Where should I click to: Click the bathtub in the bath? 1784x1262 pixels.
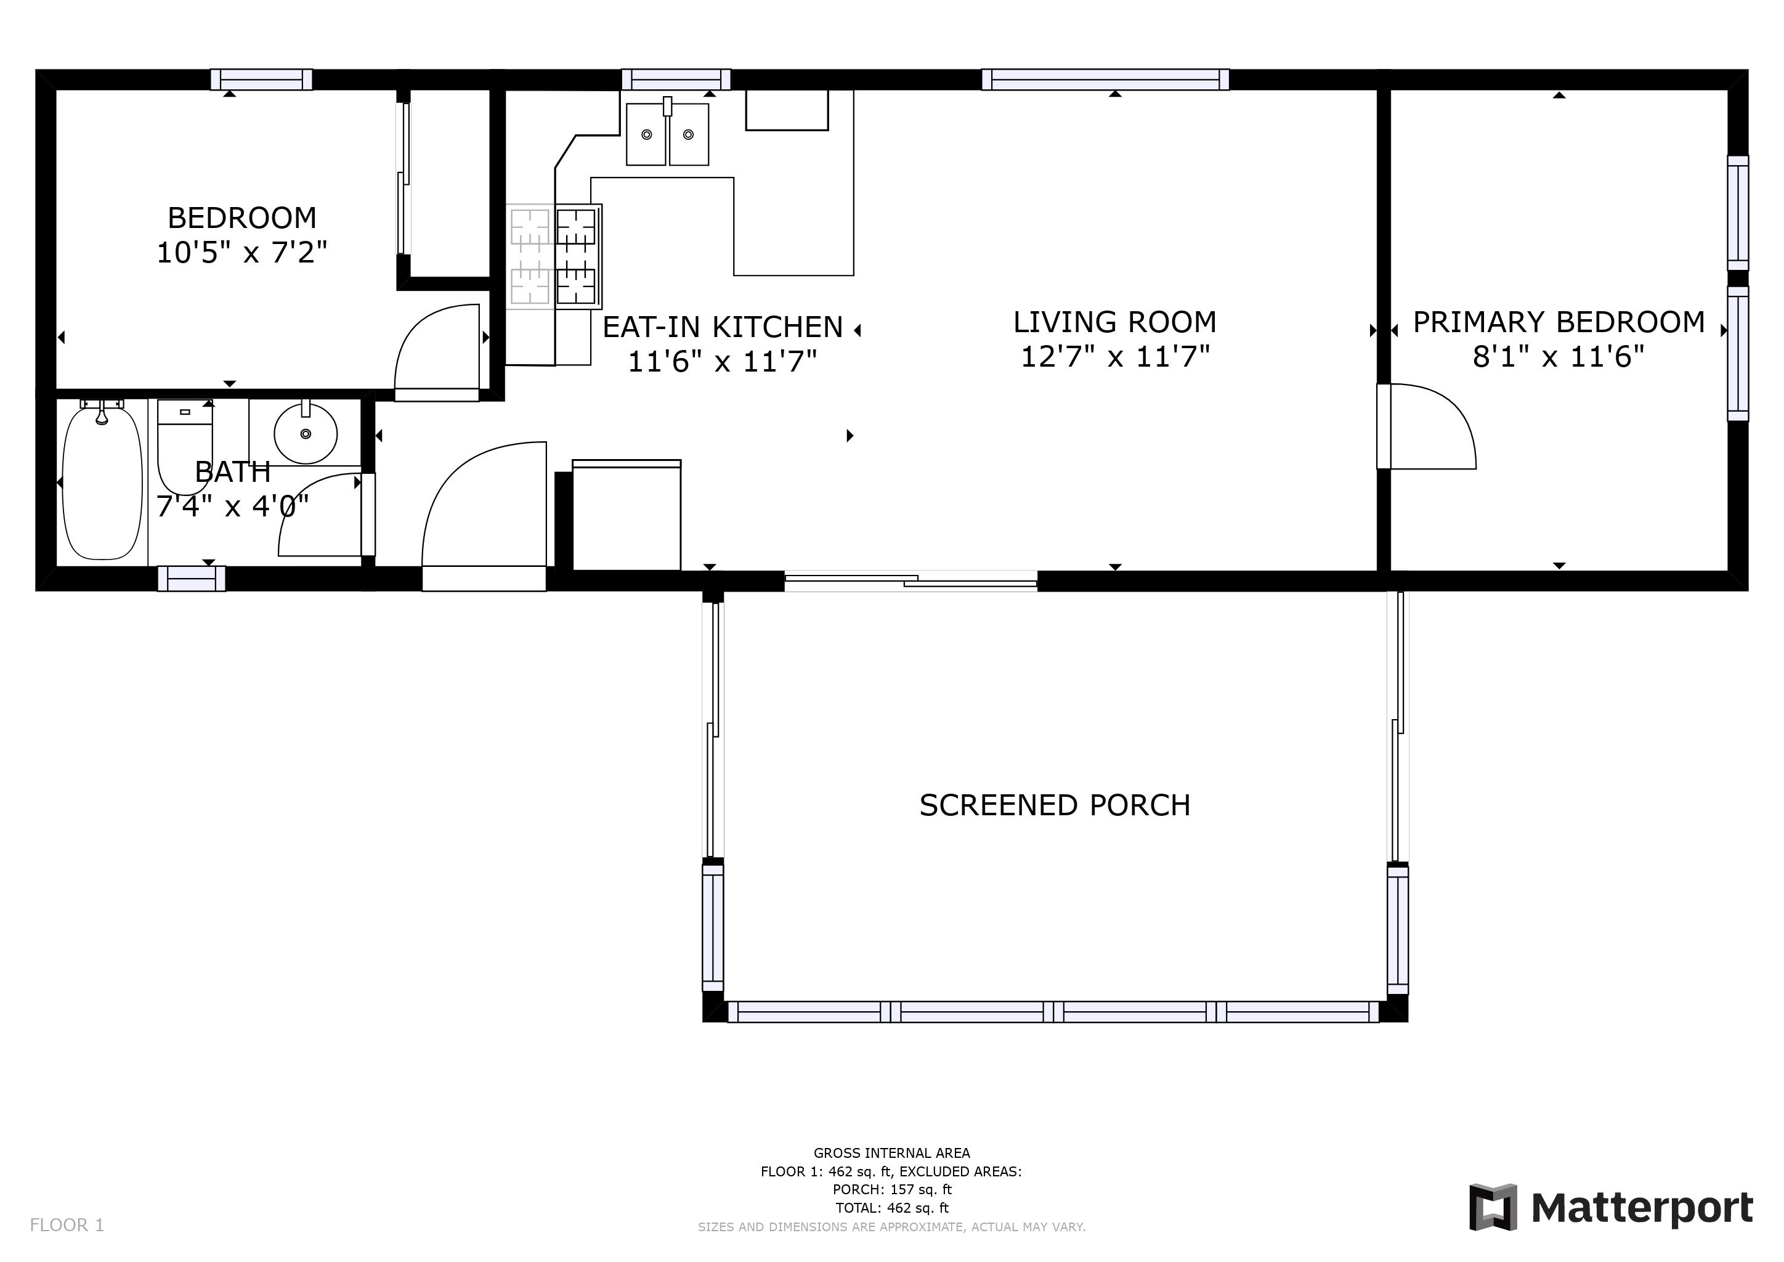(x=102, y=481)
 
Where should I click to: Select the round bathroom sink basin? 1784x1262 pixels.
(x=306, y=433)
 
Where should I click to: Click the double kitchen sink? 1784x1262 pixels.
(x=667, y=133)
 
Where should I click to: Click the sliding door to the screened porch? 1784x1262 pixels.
(x=910, y=580)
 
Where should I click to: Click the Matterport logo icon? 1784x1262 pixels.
(x=1492, y=1207)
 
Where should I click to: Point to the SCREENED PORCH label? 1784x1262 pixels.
(x=1055, y=805)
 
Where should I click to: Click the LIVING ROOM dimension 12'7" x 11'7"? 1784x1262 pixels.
(x=1115, y=357)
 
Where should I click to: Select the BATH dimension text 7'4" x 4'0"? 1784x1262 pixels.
(x=233, y=507)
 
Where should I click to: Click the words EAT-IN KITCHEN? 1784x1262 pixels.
(x=723, y=327)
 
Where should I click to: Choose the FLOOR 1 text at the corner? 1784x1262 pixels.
(x=67, y=1226)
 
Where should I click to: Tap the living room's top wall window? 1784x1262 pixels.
(x=1105, y=79)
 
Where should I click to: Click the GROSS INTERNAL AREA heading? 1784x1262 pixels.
(x=892, y=1153)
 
